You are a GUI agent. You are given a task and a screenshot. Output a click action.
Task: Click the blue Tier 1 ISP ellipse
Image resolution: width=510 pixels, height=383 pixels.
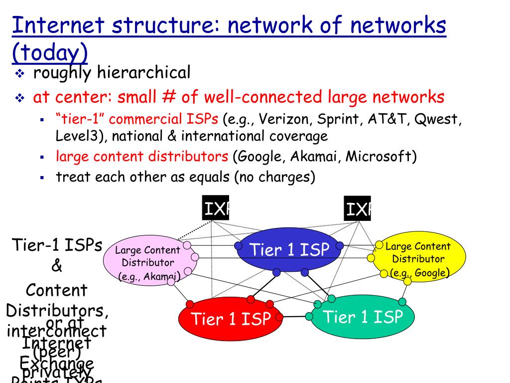[289, 249]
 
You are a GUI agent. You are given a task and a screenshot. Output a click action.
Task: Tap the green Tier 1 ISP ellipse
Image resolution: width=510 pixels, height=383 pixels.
[363, 317]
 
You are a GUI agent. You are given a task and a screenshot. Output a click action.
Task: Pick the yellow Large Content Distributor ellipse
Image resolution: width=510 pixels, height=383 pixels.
[418, 258]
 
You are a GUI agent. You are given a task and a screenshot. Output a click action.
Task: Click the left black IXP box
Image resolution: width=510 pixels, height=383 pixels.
[215, 208]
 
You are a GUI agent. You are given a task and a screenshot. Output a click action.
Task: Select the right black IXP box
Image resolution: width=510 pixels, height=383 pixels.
[357, 208]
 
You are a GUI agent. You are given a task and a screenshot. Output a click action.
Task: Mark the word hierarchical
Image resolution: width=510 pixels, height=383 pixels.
[143, 73]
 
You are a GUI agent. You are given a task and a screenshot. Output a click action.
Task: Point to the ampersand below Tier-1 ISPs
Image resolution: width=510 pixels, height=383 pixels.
[57, 266]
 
